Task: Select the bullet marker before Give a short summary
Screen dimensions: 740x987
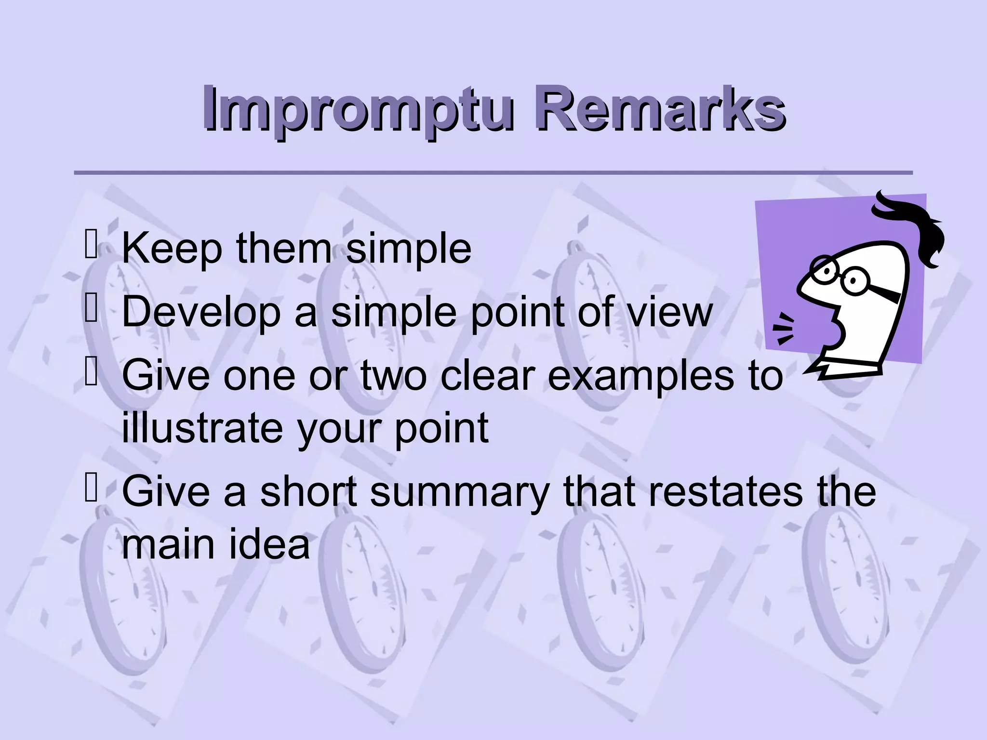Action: point(91,488)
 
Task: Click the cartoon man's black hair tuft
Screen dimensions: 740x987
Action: point(911,226)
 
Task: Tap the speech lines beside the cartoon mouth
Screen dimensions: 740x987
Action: point(785,328)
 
